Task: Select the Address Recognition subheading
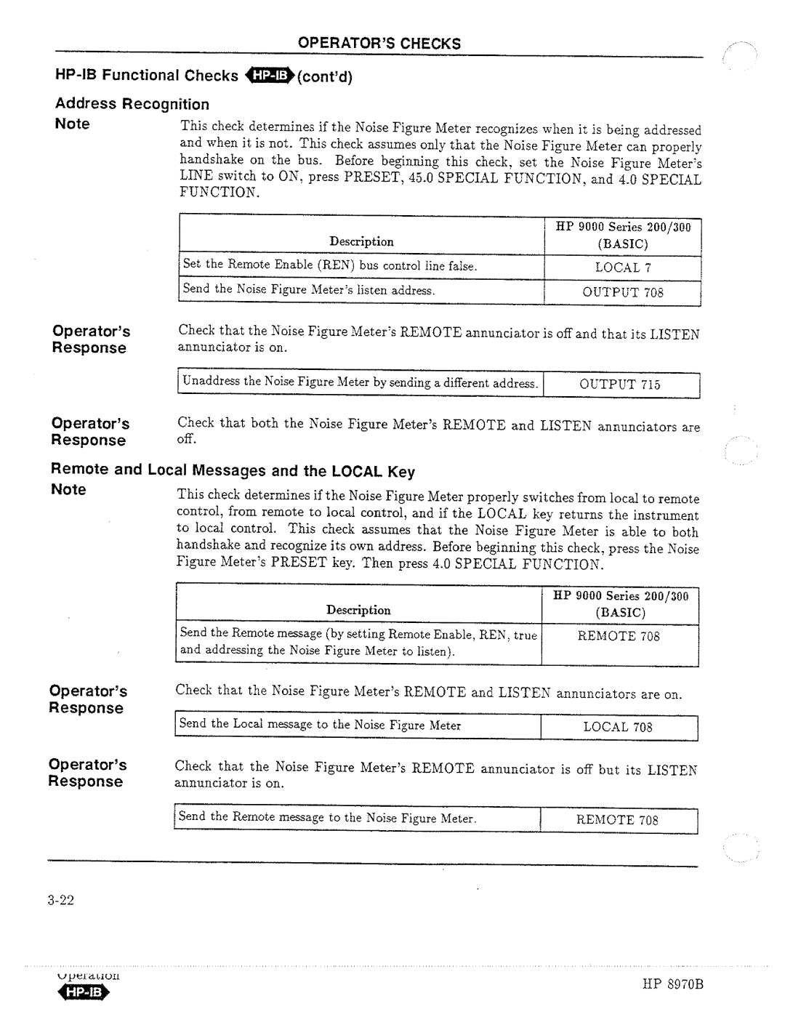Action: (x=132, y=104)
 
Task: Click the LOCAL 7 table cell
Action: (x=618, y=268)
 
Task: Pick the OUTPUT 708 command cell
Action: (x=622, y=292)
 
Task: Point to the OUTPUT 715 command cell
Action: (x=619, y=385)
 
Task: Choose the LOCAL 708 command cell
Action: (x=618, y=727)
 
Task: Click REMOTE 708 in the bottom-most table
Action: (x=617, y=820)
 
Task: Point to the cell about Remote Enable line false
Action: (x=330, y=266)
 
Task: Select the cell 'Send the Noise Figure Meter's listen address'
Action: (x=309, y=290)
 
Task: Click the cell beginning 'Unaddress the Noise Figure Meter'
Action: (x=359, y=383)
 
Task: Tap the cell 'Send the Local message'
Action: (x=321, y=725)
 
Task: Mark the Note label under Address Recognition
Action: (x=72, y=124)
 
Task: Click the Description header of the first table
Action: (x=361, y=241)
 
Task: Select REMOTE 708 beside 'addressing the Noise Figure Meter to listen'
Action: (x=619, y=636)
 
